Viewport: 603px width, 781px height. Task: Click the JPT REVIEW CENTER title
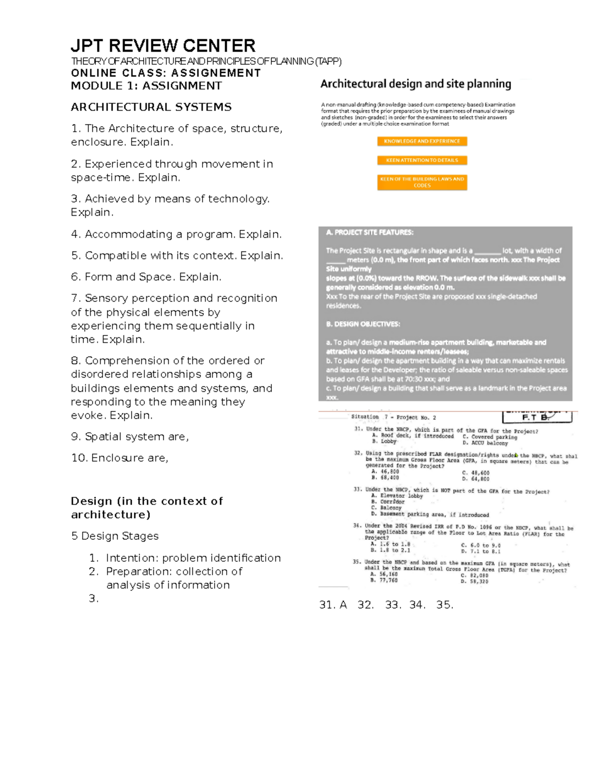tap(163, 46)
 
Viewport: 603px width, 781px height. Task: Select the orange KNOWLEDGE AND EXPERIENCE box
tap(422, 141)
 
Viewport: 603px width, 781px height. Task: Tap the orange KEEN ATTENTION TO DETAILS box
tap(422, 160)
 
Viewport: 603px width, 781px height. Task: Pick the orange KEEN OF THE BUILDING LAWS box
tap(422, 182)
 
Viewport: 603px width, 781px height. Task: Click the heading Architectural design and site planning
tap(416, 84)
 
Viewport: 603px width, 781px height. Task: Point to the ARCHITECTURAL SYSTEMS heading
tap(151, 107)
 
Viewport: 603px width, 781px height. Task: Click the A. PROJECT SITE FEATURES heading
tap(369, 232)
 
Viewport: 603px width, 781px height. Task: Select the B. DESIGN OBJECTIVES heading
tap(363, 324)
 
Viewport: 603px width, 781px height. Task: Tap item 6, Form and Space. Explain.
tap(146, 277)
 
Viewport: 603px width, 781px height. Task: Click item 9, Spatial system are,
tap(130, 437)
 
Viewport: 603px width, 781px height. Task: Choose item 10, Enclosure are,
tap(120, 458)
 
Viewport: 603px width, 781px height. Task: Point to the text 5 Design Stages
tap(115, 536)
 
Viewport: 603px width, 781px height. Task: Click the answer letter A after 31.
tap(343, 605)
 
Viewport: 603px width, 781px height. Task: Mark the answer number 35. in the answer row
tap(445, 605)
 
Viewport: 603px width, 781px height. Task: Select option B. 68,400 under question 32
tap(385, 478)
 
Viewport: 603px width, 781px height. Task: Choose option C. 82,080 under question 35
tap(474, 575)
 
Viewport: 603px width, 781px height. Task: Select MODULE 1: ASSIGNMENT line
tap(146, 85)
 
